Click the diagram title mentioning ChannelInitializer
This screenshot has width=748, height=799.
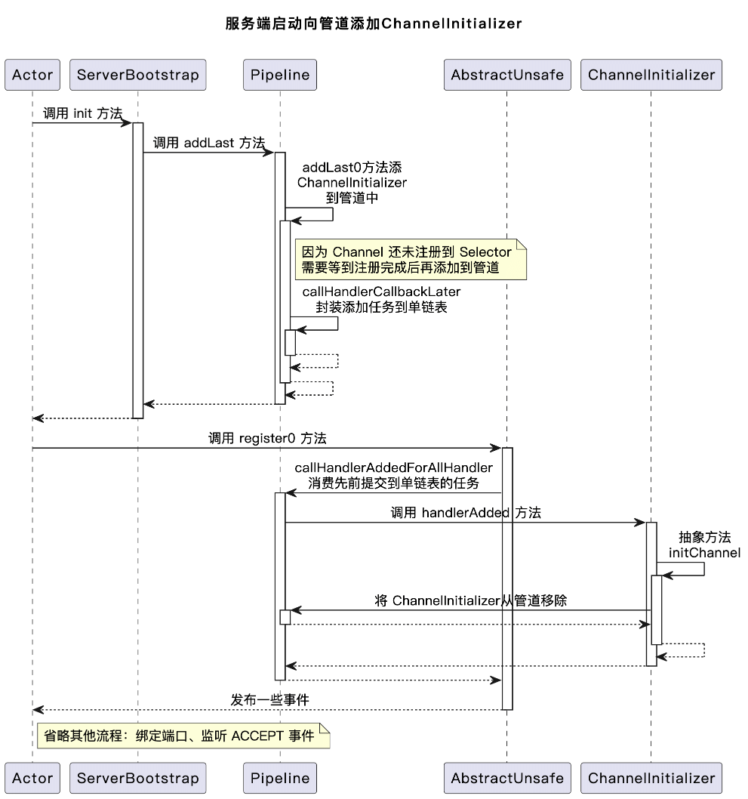point(374,23)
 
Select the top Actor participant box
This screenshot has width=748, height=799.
point(32,75)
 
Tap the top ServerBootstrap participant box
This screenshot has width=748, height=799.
point(137,75)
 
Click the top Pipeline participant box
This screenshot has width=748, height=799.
point(280,75)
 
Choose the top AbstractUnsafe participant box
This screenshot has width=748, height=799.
point(506,75)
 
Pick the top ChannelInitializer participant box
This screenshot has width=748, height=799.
point(651,75)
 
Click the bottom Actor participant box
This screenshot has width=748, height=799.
point(32,778)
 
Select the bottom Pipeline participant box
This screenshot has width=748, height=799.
point(280,778)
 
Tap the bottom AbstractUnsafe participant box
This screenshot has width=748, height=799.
point(506,778)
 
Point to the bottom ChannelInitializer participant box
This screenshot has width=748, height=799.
point(651,778)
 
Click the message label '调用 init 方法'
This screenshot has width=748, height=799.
point(82,113)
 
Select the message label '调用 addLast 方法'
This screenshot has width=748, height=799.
point(209,143)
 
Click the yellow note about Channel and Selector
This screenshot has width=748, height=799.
point(407,259)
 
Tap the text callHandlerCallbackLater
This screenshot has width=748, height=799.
point(381,292)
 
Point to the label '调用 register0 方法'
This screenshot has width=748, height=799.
point(267,438)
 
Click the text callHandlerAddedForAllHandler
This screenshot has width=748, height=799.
point(393,468)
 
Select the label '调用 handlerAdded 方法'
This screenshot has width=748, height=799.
point(465,513)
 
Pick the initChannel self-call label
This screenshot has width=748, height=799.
point(704,553)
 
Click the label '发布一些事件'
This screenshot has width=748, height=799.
point(269,700)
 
